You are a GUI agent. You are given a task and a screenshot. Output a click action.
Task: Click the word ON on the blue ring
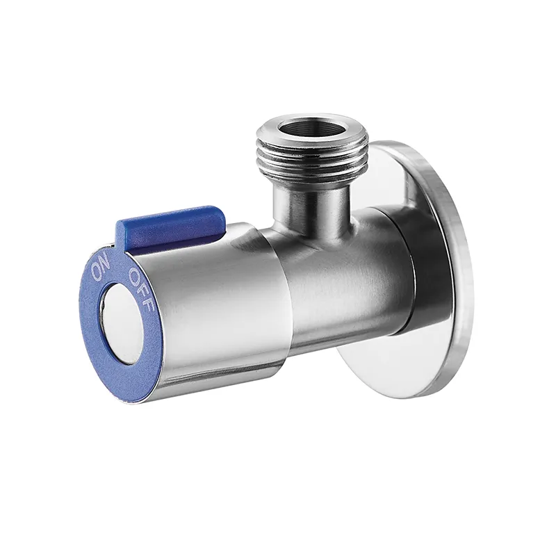pos(101,269)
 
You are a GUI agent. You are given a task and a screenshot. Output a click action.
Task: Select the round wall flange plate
pos(408,270)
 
